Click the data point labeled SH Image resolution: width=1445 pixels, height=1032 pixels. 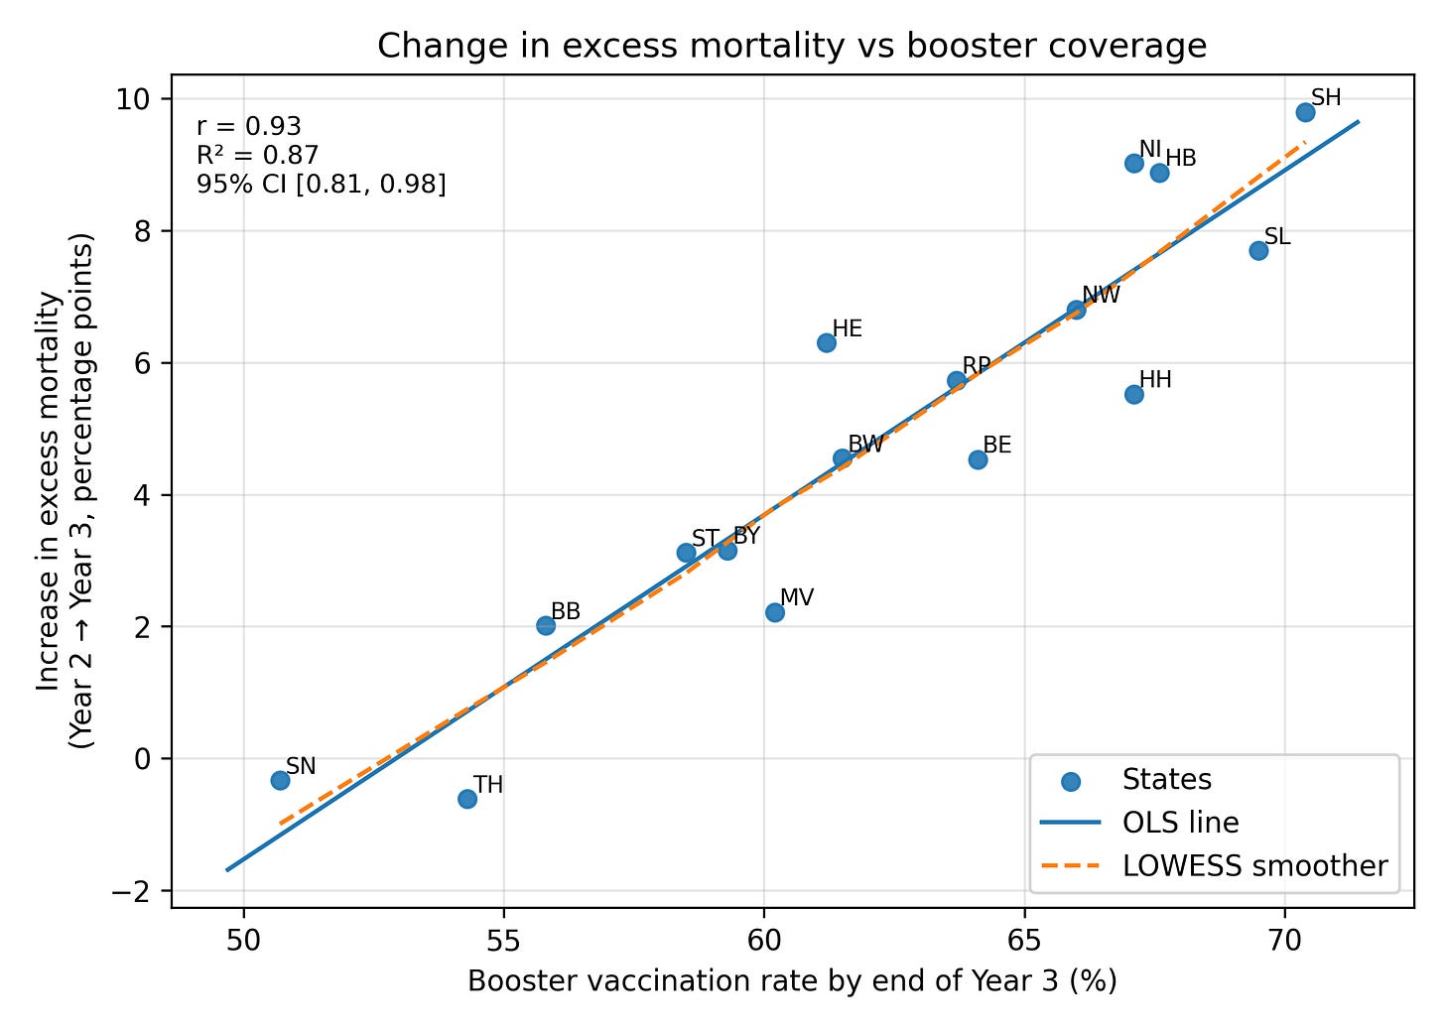[1305, 112]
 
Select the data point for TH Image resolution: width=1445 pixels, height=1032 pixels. [467, 799]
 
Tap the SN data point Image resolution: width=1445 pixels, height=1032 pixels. [280, 780]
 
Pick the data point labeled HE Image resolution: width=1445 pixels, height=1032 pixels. [827, 342]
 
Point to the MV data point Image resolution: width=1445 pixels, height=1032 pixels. [775, 612]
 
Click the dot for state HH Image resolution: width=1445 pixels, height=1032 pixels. [1134, 394]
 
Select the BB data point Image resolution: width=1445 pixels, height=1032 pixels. [546, 625]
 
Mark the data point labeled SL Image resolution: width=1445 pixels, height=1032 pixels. [1258, 250]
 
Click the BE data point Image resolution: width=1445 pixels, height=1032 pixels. [978, 459]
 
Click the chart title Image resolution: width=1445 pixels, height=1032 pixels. [792, 47]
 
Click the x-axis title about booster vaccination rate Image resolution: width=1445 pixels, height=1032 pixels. [792, 982]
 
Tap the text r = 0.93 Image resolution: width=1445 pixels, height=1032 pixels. [249, 127]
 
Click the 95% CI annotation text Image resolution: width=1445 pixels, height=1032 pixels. [322, 184]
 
